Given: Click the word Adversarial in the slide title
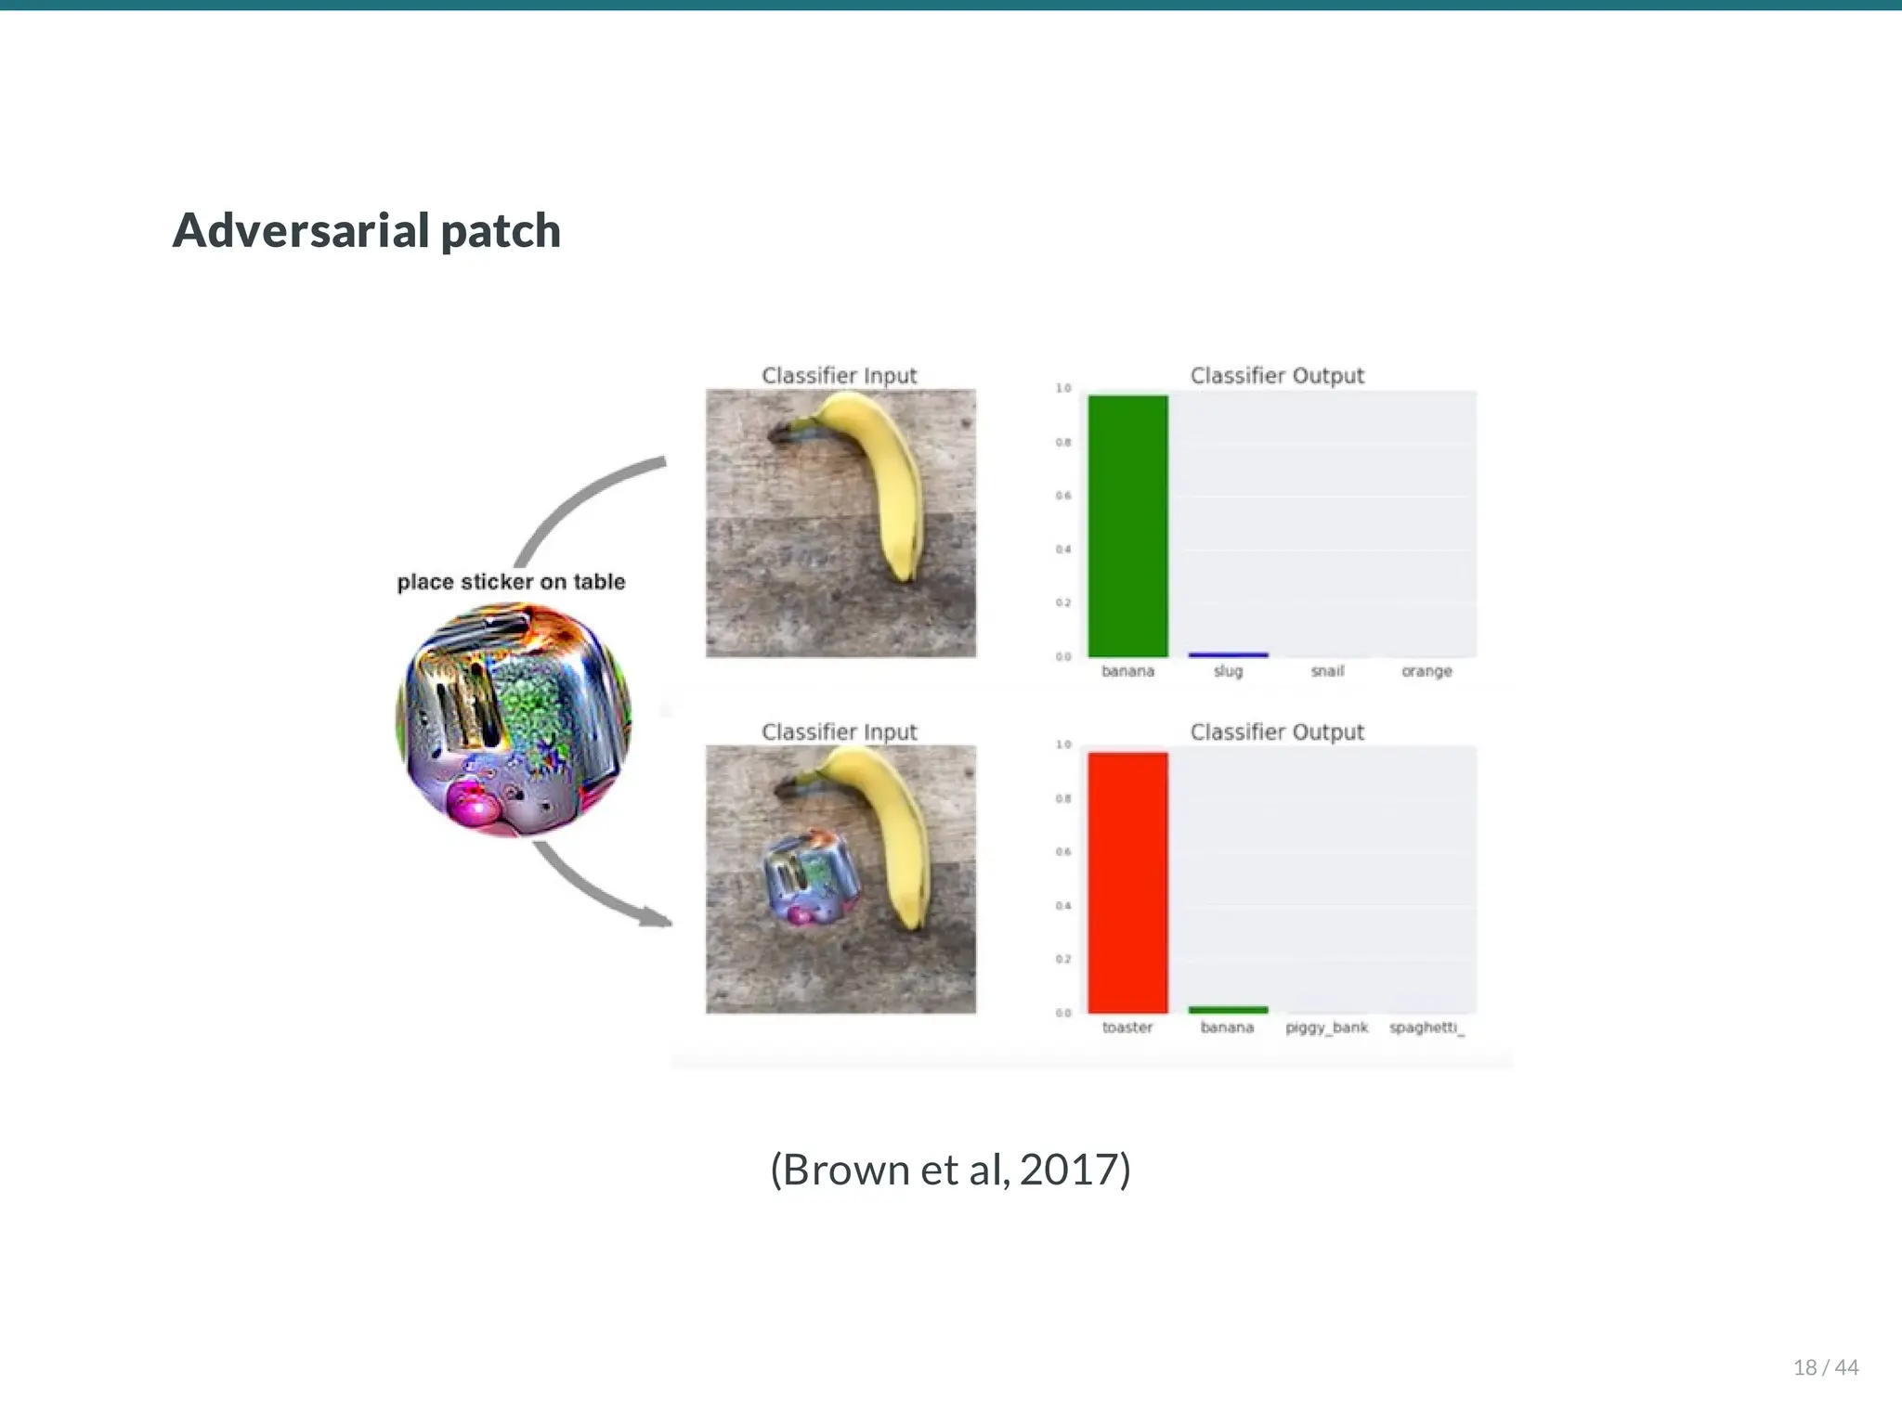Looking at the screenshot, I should point(301,230).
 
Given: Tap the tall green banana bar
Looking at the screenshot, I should point(1127,525).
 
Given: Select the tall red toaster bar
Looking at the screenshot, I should point(1127,882).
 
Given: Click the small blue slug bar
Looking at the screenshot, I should point(1228,654).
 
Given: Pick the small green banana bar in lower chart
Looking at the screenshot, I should point(1228,1009).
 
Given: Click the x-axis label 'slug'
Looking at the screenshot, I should point(1228,671).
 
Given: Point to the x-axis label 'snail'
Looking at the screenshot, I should point(1327,671).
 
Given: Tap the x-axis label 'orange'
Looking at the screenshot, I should point(1426,671).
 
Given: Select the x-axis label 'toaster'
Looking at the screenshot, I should point(1127,1028).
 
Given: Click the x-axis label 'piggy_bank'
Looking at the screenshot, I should point(1326,1028).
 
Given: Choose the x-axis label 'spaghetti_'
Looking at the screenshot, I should point(1426,1028).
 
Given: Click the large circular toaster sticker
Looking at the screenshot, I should point(514,720).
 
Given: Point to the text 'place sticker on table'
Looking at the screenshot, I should point(511,582).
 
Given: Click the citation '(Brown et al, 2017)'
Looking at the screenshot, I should point(950,1170).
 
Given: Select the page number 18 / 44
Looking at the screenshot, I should point(1825,1367).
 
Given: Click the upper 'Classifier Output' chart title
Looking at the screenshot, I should point(1277,376).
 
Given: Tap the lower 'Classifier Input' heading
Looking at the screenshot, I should point(839,732).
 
